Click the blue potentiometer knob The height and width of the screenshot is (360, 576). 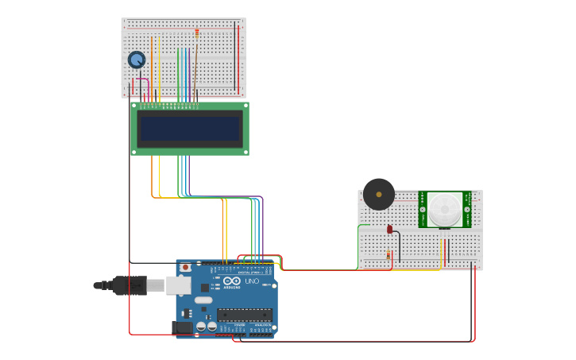[x=137, y=60]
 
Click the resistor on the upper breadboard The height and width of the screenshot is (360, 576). [x=197, y=33]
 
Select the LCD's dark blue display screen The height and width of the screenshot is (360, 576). [x=190, y=129]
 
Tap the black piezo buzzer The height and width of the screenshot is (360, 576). [x=379, y=194]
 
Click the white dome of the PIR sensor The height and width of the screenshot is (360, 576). [x=445, y=208]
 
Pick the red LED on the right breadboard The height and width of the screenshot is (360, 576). [x=390, y=230]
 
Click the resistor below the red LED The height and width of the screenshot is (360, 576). [x=389, y=255]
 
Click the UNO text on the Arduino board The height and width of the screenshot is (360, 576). [x=251, y=281]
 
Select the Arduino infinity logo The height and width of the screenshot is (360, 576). [x=232, y=281]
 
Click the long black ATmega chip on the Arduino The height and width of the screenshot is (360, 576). [x=245, y=315]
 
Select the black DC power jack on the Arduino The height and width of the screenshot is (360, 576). [x=182, y=327]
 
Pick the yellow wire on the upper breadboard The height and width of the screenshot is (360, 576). [x=159, y=68]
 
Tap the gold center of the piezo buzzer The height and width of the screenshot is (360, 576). [x=379, y=194]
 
